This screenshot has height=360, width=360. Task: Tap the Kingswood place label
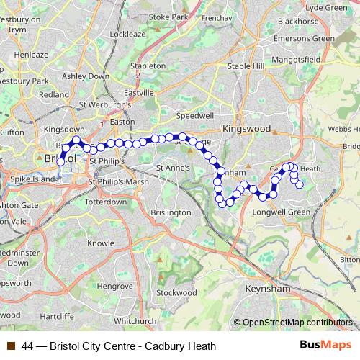(x=246, y=128)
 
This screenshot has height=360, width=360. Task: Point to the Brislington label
(x=171, y=212)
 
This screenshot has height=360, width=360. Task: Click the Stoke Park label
(x=168, y=17)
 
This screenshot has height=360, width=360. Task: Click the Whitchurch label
(x=135, y=320)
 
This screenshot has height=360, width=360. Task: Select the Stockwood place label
(x=176, y=293)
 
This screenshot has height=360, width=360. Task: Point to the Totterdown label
(x=106, y=202)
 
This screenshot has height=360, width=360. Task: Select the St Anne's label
(x=173, y=168)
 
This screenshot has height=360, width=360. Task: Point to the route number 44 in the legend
(x=27, y=346)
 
